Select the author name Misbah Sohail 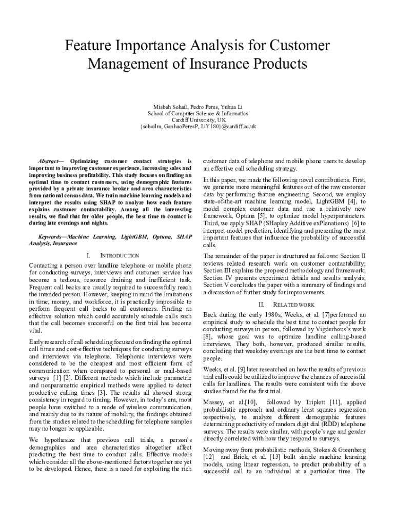[x=164, y=107]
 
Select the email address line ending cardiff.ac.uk [x=197, y=127]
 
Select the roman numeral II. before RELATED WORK [x=261, y=305]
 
